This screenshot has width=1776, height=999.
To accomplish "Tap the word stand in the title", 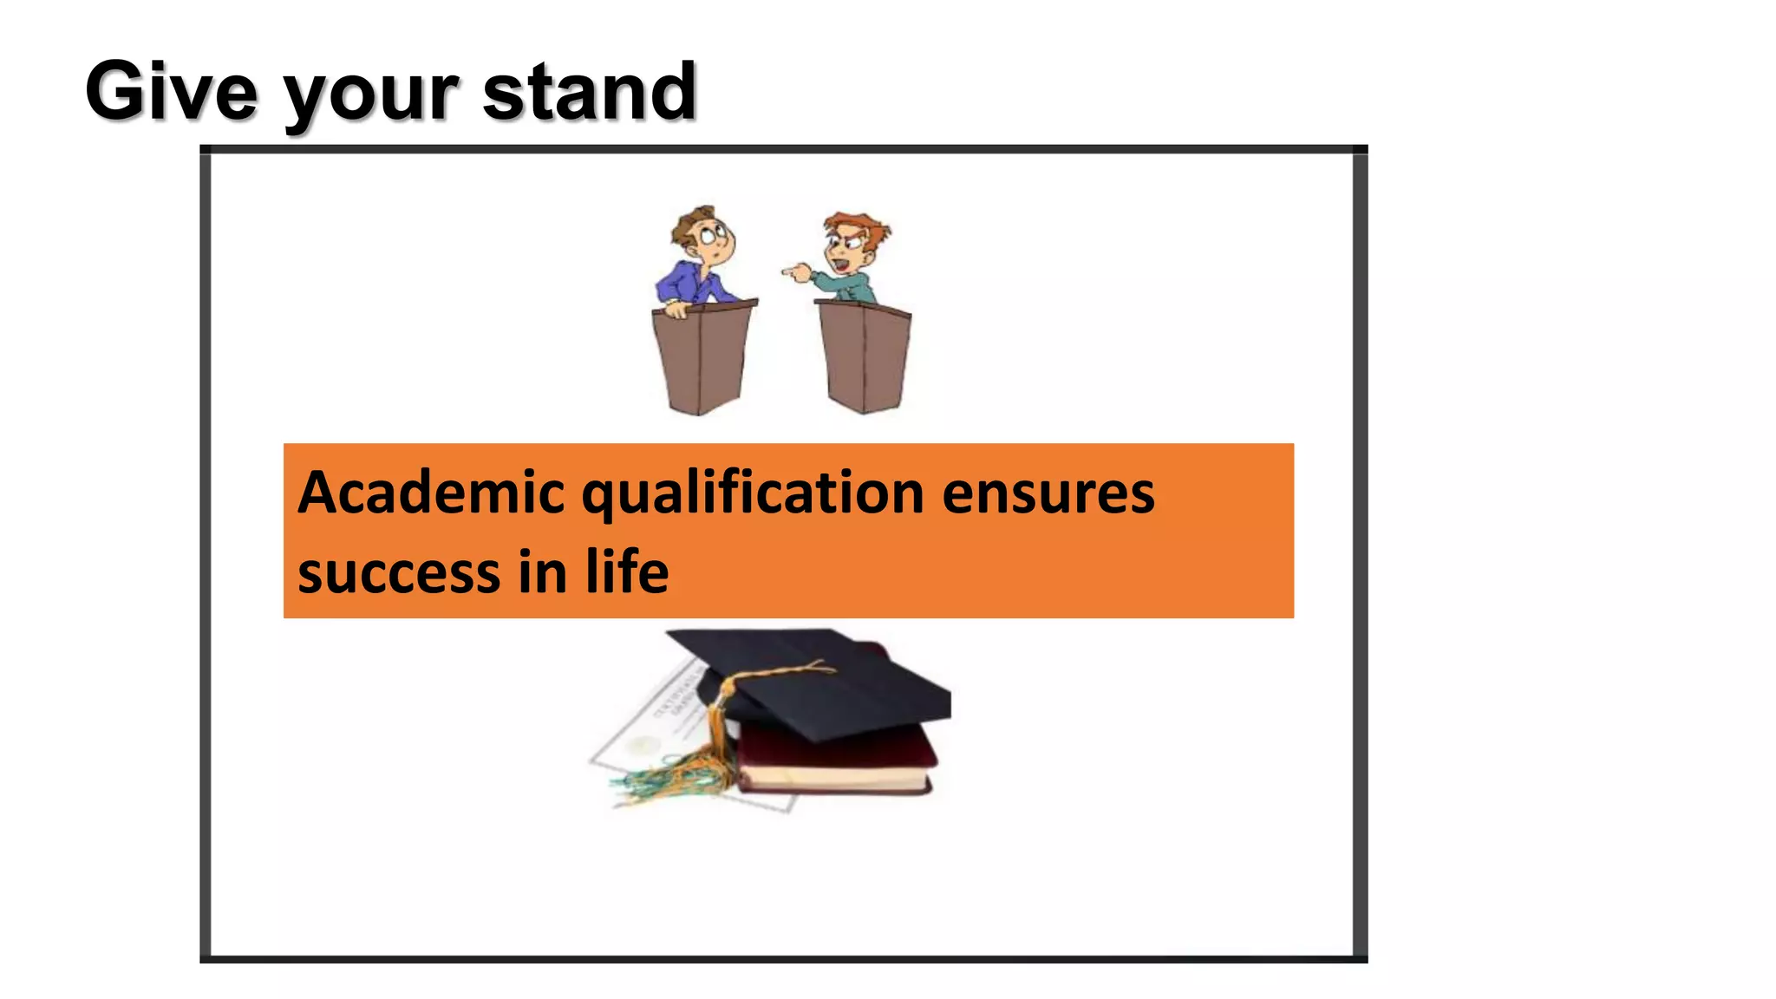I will pyautogui.click(x=589, y=91).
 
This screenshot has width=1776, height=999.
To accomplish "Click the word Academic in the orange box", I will pyautogui.click(x=431, y=493).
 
